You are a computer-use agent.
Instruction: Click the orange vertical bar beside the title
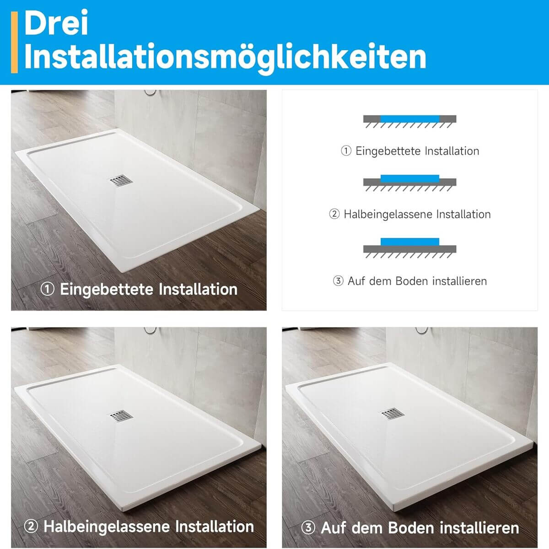coord(14,42)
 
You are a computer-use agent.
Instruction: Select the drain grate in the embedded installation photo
coord(121,180)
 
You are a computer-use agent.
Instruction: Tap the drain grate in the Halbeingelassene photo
coord(121,416)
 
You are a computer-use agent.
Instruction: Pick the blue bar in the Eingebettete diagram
coord(409,119)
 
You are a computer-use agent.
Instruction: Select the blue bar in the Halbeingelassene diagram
coord(409,178)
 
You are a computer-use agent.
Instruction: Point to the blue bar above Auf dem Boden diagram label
coord(409,242)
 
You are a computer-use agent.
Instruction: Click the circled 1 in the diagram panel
coord(346,151)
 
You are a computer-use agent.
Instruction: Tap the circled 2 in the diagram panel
coord(334,214)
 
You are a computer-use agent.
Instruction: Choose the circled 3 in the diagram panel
coord(338,281)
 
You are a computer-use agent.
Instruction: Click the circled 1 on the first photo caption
coord(47,289)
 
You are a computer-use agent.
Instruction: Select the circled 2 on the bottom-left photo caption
coord(31,526)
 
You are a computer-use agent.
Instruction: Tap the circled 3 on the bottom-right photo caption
coord(308,527)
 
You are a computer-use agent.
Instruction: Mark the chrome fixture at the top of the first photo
coord(150,92)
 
